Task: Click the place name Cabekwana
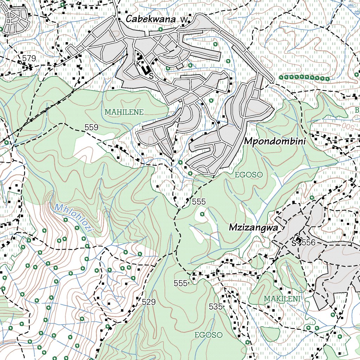tap(150, 19)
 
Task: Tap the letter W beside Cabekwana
tap(184, 20)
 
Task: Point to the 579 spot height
tap(29, 58)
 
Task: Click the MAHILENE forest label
tap(124, 112)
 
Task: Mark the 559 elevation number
tap(91, 127)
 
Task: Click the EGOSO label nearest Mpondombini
tap(249, 175)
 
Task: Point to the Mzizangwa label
tap(253, 228)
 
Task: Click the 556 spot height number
tap(309, 243)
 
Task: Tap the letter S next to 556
tap(294, 243)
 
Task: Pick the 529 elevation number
tap(149, 302)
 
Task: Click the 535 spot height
tap(216, 307)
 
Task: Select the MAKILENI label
tap(282, 299)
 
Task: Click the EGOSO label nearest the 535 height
tap(209, 335)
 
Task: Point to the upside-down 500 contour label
tap(346, 125)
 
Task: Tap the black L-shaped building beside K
tap(144, 69)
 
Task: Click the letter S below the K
tap(151, 75)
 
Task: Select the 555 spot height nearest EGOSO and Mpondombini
tap(199, 202)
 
